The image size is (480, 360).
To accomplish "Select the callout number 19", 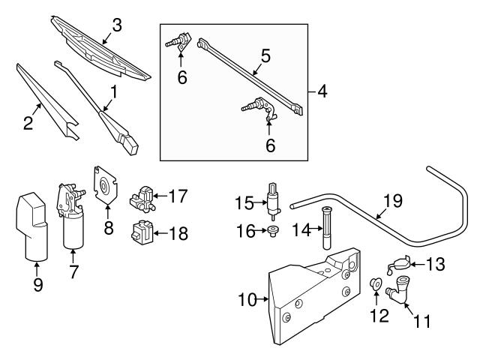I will click(x=392, y=200).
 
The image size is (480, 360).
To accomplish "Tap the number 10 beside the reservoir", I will click(x=247, y=301).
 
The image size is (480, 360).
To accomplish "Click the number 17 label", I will click(x=177, y=196).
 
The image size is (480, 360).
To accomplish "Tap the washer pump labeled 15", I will click(x=271, y=199).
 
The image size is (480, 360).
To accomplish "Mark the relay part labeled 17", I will click(x=142, y=199).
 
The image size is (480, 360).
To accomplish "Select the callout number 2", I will click(x=28, y=123).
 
